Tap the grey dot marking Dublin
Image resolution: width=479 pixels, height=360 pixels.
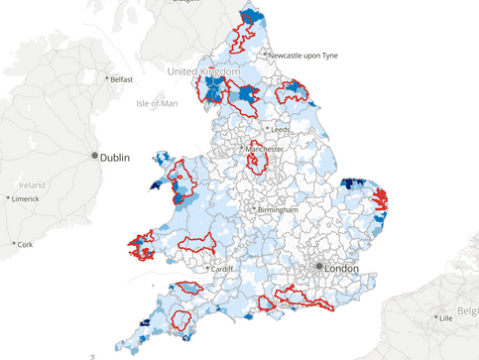[x=95, y=156]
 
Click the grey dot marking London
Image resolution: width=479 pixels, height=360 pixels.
[x=318, y=267]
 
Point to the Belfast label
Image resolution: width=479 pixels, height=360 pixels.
[x=123, y=79]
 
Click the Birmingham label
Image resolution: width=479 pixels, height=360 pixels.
[x=278, y=210]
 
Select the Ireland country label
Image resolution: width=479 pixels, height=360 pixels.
[x=32, y=185]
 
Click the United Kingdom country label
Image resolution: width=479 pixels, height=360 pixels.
[x=203, y=72]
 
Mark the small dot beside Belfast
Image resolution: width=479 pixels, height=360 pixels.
[x=106, y=79]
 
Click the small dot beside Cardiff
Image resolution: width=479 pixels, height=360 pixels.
[x=208, y=269]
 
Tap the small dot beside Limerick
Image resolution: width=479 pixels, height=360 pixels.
[x=8, y=199]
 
